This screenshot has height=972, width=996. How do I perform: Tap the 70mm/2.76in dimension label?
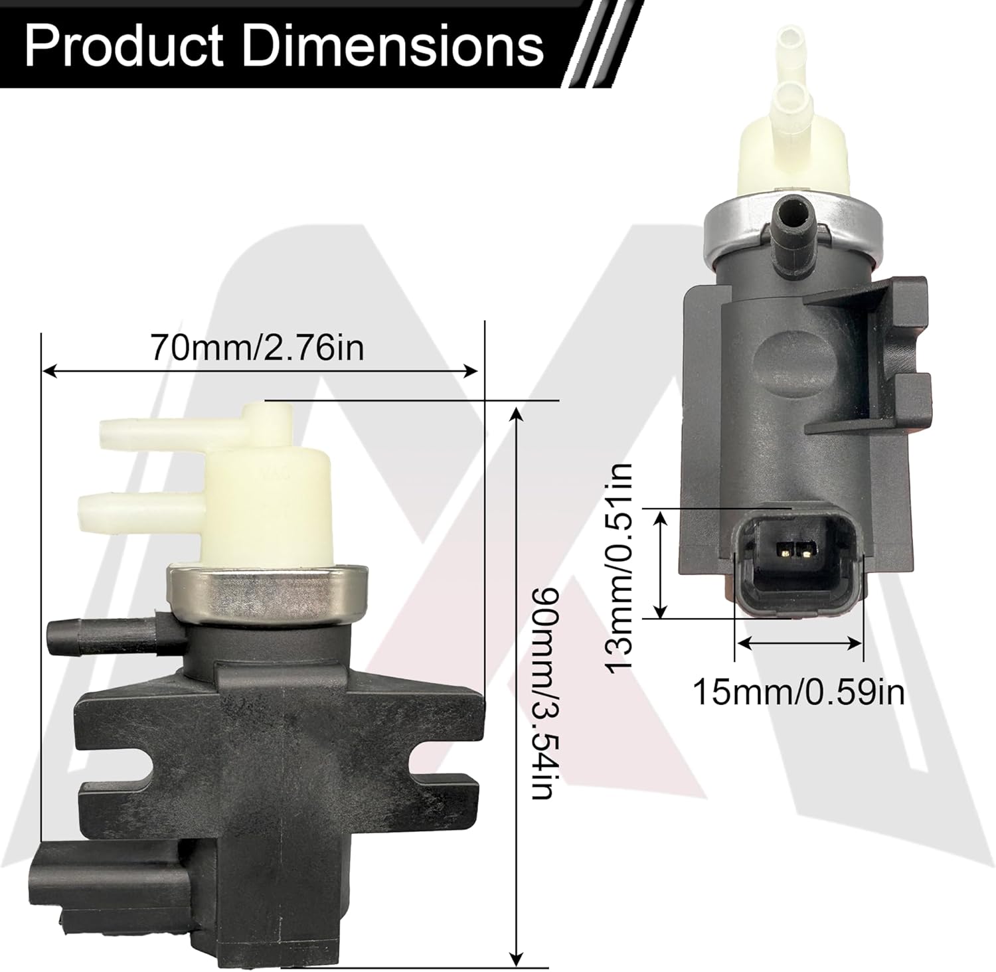click(x=258, y=347)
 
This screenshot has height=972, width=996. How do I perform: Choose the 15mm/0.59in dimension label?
click(x=798, y=693)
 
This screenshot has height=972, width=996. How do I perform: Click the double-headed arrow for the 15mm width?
click(x=799, y=642)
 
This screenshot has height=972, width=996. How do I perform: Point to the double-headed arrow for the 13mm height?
click(x=660, y=564)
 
